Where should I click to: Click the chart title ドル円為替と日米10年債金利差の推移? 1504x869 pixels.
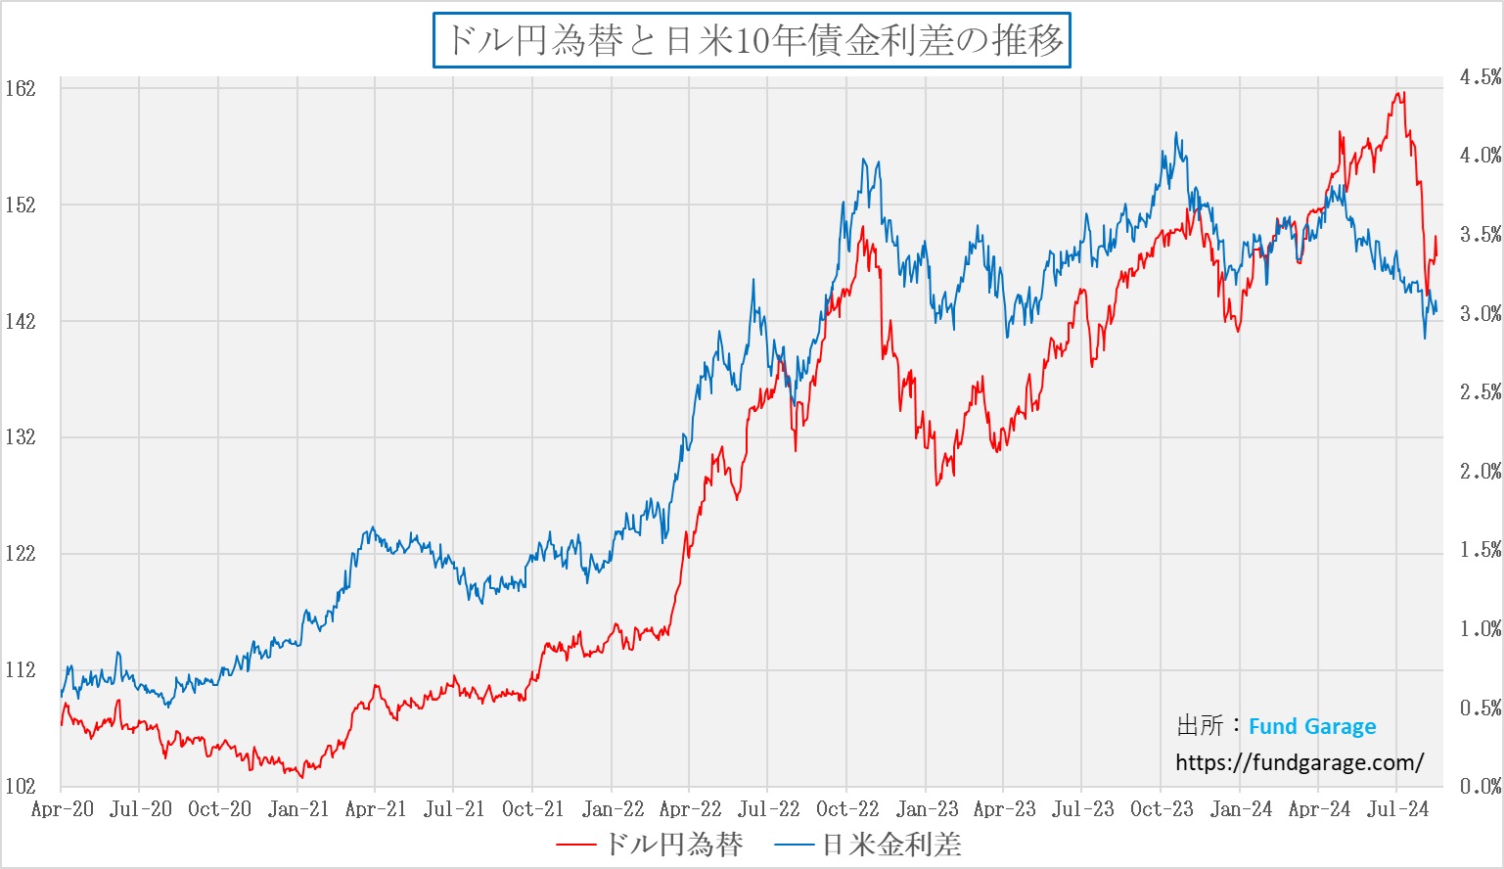coord(752,40)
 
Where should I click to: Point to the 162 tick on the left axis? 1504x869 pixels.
coord(20,88)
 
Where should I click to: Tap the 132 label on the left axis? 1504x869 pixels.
coord(20,437)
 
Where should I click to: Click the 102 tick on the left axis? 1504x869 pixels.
coord(20,786)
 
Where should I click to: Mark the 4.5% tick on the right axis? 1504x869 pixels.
coord(1480,76)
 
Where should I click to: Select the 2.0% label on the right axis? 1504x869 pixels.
coord(1480,471)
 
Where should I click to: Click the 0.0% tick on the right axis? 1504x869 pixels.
coord(1480,786)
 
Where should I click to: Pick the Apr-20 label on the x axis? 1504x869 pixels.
coord(62,809)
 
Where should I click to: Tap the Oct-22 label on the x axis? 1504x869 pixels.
coord(847,809)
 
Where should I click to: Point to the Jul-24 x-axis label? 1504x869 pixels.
coord(1397,809)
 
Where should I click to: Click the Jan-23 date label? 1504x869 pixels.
coord(927,809)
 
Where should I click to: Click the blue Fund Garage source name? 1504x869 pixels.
coord(1312,726)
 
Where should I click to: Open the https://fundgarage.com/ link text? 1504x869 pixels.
coord(1299,762)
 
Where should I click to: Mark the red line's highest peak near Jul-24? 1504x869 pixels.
coord(1401,93)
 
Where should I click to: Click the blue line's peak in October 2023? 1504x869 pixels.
coord(1176,134)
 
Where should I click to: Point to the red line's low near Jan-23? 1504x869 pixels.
coord(937,484)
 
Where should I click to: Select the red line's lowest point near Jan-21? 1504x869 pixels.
coord(301,777)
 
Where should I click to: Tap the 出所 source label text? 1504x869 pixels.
coord(1200,726)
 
